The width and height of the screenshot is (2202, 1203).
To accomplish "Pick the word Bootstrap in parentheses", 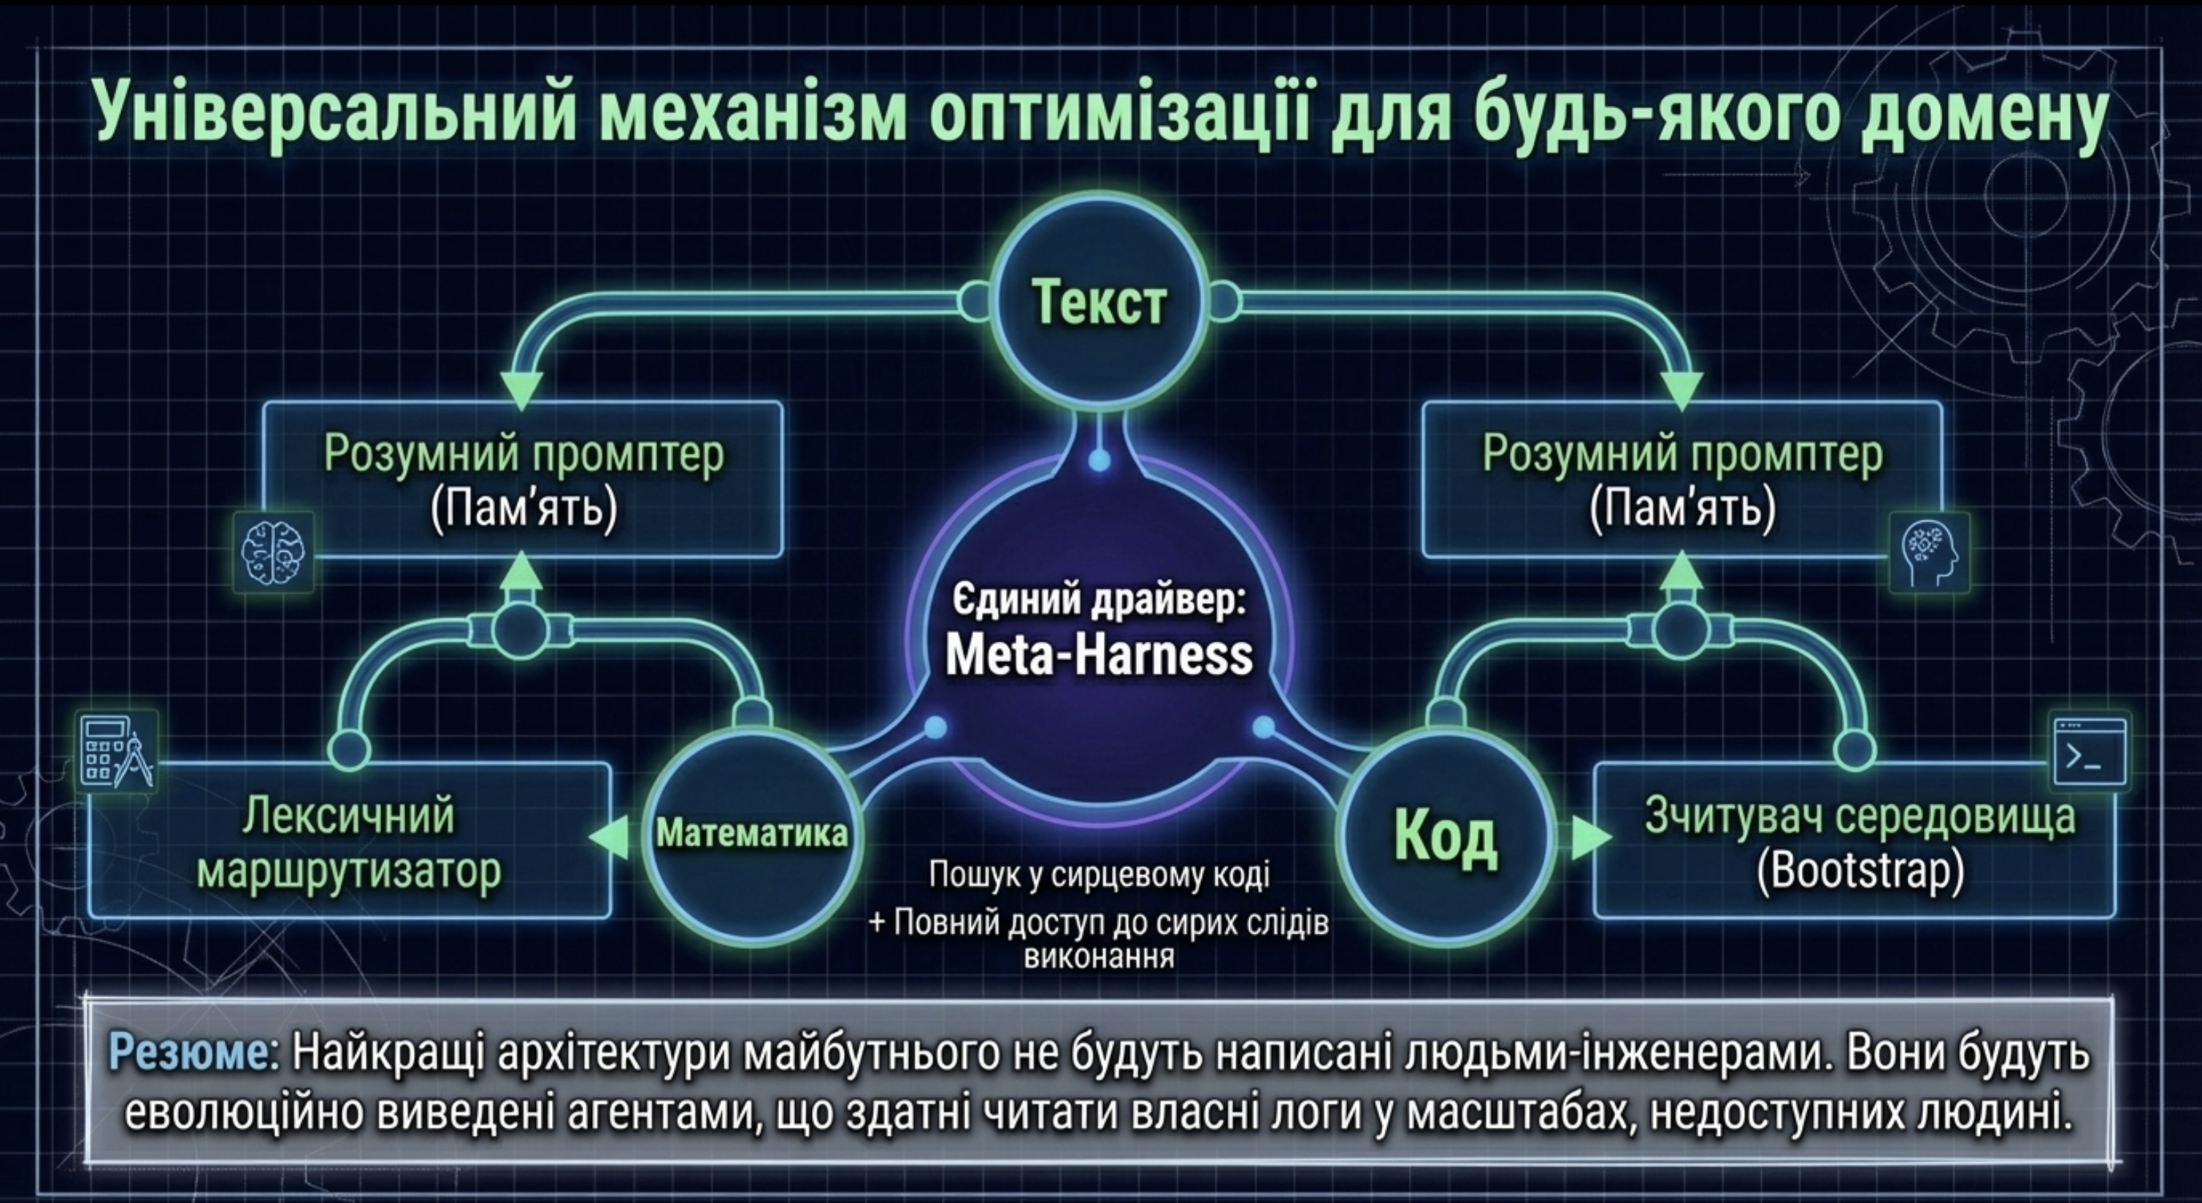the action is coord(1861,871).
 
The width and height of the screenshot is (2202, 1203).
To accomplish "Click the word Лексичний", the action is coord(348,815).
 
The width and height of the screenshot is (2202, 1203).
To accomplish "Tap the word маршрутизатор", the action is coord(349,872).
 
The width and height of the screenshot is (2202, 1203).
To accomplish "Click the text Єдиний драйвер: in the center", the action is coord(1098,601).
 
